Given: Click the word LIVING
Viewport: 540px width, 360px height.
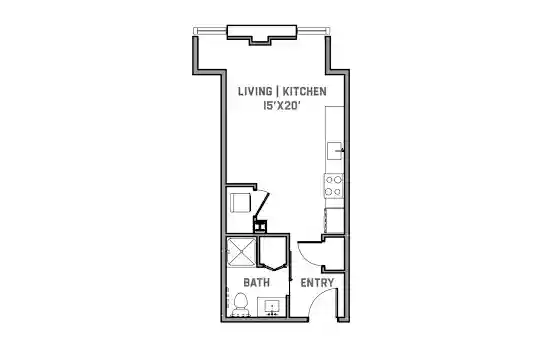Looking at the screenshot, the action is (x=255, y=91).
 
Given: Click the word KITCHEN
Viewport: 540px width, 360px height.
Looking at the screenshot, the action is (x=304, y=91).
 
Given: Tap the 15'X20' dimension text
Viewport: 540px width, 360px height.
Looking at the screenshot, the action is (x=280, y=106).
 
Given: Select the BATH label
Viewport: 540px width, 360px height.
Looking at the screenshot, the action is (x=257, y=282).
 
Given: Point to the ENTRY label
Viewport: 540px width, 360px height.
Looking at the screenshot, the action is (x=317, y=283).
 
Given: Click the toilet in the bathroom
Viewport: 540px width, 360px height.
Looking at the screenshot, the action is (x=240, y=305).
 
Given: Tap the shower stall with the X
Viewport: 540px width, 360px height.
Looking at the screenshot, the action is (x=241, y=252).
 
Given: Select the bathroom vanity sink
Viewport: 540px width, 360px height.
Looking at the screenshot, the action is (x=272, y=306).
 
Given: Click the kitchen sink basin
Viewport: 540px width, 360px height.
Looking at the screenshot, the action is (x=334, y=151).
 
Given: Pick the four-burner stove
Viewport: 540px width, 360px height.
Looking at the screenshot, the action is (x=334, y=186).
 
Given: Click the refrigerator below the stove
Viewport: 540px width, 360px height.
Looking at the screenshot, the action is (x=334, y=220).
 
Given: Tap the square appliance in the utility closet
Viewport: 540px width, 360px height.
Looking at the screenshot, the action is (x=240, y=203).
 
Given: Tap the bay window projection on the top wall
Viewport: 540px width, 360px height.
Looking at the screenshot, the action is (x=262, y=34).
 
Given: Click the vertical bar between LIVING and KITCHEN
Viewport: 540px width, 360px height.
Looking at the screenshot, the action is (x=278, y=91).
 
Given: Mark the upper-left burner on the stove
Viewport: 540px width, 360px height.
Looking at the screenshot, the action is (x=330, y=180).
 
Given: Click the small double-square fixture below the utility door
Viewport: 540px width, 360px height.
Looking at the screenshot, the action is (x=260, y=226).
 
